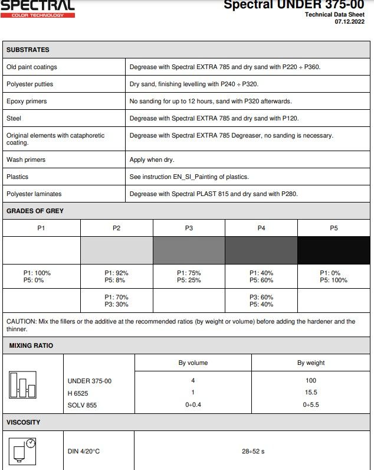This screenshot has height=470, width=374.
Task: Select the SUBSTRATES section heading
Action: tap(28, 50)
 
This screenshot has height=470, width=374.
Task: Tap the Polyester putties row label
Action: tap(29, 84)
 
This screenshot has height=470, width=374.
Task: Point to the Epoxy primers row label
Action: tap(27, 102)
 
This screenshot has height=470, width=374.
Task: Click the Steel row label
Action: tap(14, 118)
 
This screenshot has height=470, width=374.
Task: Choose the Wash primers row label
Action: tap(26, 160)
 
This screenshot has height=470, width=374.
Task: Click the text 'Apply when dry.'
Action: tap(152, 160)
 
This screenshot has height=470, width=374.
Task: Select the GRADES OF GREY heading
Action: tap(35, 211)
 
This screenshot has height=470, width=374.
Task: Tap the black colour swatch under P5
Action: tap(333, 250)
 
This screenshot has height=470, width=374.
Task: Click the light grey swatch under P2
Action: tap(116, 250)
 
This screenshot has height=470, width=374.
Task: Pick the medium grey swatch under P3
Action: tap(189, 250)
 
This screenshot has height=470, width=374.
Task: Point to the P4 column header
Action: tap(261, 228)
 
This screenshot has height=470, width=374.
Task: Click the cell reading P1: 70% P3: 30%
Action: tap(116, 301)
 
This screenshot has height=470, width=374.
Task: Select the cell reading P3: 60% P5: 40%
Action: tap(261, 301)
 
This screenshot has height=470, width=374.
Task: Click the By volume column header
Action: tap(193, 363)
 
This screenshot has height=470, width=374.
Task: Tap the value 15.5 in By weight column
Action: tap(311, 393)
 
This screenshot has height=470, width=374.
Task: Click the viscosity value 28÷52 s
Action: tap(253, 452)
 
